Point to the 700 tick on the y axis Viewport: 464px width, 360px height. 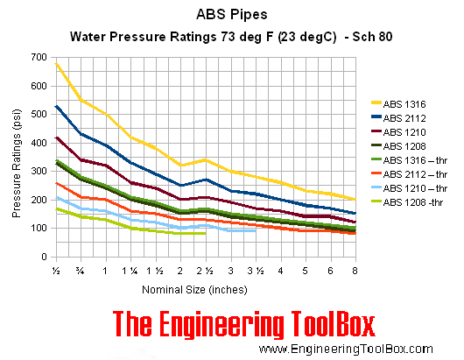click(x=38, y=58)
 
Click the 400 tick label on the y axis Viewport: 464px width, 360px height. click(x=38, y=143)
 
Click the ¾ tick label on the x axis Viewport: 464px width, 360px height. click(x=81, y=270)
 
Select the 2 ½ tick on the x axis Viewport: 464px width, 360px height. click(x=205, y=270)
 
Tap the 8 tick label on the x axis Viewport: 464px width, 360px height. click(x=355, y=270)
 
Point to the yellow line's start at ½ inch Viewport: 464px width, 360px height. click(x=56, y=62)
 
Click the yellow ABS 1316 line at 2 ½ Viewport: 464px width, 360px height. click(x=205, y=159)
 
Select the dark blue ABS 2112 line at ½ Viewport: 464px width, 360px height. click(x=56, y=106)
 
